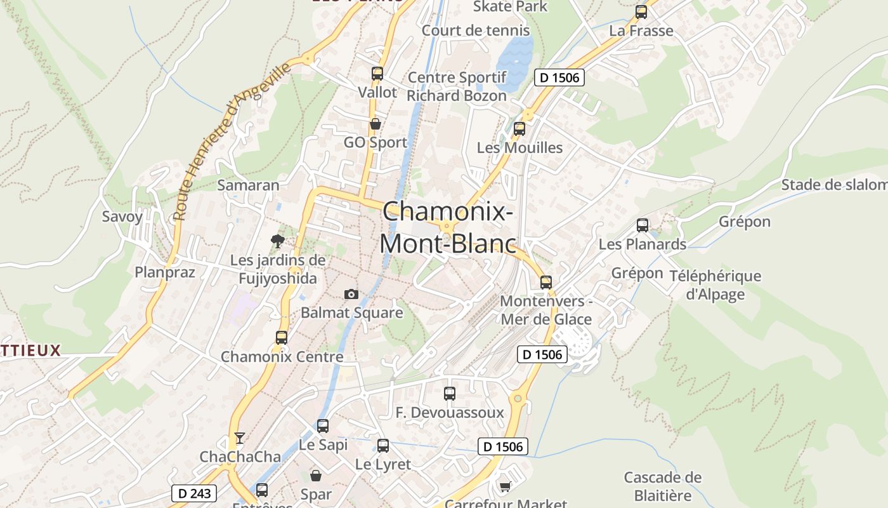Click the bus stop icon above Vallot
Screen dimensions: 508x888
(377, 73)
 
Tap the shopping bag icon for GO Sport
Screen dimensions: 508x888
(375, 123)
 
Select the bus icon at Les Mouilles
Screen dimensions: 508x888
(519, 129)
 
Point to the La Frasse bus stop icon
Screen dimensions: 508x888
(641, 12)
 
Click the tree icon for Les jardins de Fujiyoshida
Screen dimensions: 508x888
(277, 241)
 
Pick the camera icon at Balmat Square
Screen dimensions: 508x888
(351, 294)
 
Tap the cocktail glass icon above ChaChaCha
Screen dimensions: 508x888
(240, 438)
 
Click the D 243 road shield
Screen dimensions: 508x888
(194, 493)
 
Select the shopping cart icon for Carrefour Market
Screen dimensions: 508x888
(505, 486)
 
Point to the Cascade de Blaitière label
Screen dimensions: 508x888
(663, 486)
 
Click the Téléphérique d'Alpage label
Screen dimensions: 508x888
(715, 285)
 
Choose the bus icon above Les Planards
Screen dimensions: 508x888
(643, 225)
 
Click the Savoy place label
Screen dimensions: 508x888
(122, 217)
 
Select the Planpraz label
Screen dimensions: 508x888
(165, 272)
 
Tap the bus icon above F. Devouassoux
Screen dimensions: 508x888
(450, 394)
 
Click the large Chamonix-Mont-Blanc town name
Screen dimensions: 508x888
(448, 227)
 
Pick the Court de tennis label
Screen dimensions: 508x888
(476, 30)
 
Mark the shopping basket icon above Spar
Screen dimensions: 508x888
(316, 475)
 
